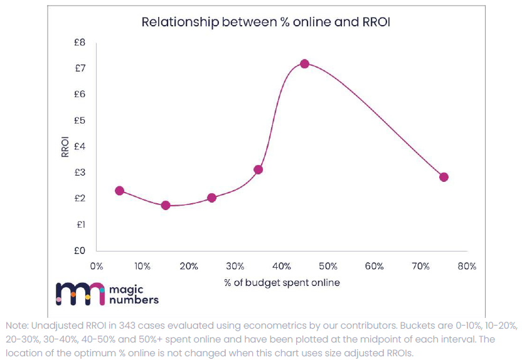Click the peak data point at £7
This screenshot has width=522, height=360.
point(304,63)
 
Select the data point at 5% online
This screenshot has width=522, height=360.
point(119,191)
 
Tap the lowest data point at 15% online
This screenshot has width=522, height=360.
point(166,205)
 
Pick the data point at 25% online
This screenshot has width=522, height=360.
point(211,198)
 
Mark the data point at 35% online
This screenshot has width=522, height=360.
point(258,169)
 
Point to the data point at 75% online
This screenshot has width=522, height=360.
point(444,177)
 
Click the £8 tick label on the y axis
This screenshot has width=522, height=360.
point(80,43)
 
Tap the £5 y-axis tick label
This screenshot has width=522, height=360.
point(80,120)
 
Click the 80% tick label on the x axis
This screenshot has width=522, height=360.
point(467,267)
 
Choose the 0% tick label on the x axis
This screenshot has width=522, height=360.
point(96,267)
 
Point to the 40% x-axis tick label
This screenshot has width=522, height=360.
point(281,267)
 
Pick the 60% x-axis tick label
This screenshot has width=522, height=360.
point(374,267)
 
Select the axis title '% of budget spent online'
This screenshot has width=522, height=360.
point(282,283)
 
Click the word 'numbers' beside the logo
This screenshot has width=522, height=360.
point(134,300)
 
